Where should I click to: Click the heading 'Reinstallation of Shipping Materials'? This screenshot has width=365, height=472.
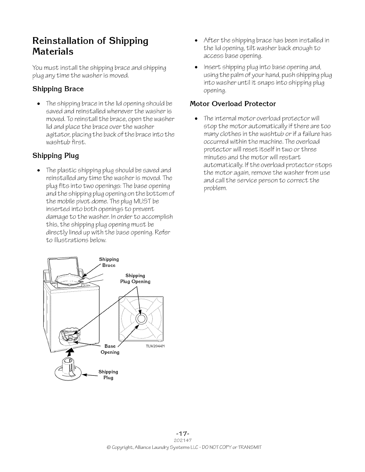(90, 46)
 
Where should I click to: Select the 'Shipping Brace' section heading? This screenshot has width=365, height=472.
(58, 89)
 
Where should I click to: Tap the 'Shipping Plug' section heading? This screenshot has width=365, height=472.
(55, 156)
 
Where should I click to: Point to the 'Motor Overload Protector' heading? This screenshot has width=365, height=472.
(233, 104)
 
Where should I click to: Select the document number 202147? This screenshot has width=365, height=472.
(182, 440)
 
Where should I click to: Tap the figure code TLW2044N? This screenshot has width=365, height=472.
(155, 347)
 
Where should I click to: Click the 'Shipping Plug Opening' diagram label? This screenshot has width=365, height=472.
(135, 279)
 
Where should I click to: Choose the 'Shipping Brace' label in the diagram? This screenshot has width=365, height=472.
(109, 262)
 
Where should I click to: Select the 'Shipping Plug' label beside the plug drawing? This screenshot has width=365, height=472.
(108, 375)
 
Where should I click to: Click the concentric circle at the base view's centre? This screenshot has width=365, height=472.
(141, 319)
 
